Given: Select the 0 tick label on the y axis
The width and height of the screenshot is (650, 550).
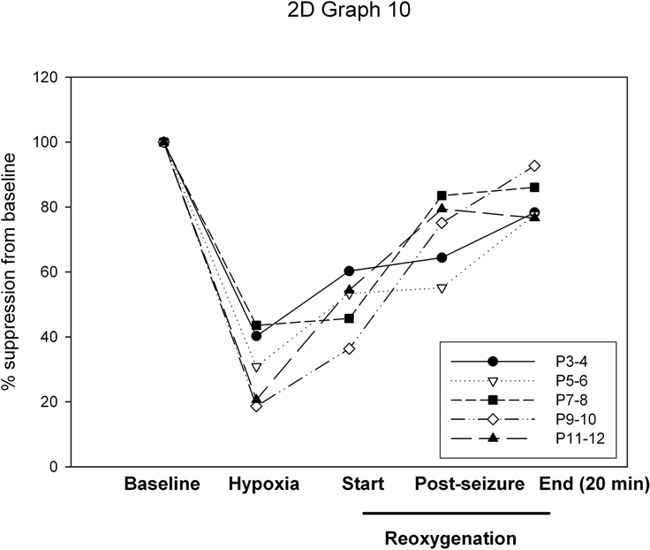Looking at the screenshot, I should coord(53,466).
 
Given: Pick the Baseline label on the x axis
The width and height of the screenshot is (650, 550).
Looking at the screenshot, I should coord(163,485).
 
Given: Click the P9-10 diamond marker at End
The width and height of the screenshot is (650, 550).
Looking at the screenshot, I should coord(534,166).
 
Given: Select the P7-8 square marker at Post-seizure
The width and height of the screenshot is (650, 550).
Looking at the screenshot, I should coord(442,195).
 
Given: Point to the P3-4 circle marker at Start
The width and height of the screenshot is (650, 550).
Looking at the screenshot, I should coord(349,271).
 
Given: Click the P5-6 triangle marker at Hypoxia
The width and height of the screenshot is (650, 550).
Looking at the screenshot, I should coord(256,367).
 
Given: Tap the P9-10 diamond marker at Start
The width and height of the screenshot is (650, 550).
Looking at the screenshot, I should coord(349,348).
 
